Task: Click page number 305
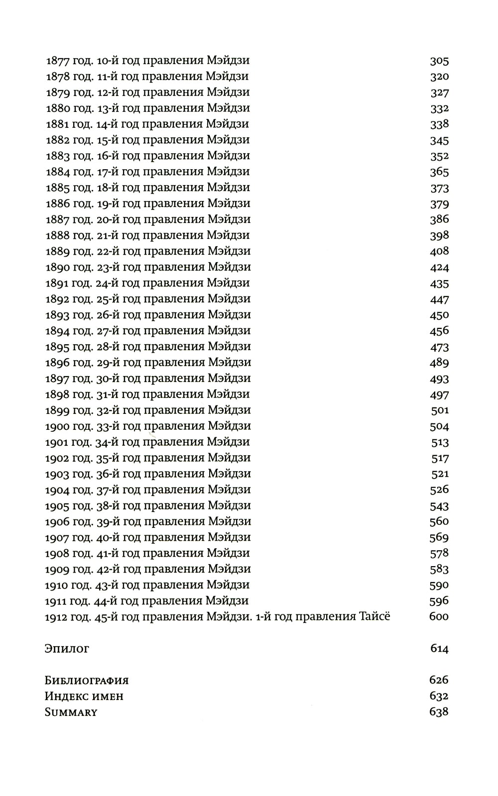[439, 61]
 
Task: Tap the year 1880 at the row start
[57, 108]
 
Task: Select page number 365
[439, 172]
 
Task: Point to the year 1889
[57, 251]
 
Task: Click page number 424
[439, 267]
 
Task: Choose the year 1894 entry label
[57, 331]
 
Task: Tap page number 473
[439, 347]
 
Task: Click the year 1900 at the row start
[57, 426]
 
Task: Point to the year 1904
[57, 490]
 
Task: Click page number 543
[439, 506]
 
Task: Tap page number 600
[439, 617]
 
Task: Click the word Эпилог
[67, 649]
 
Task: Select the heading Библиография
[87, 681]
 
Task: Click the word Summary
[71, 712]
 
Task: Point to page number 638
[439, 712]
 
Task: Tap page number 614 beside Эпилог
[439, 649]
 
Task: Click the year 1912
[57, 617]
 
